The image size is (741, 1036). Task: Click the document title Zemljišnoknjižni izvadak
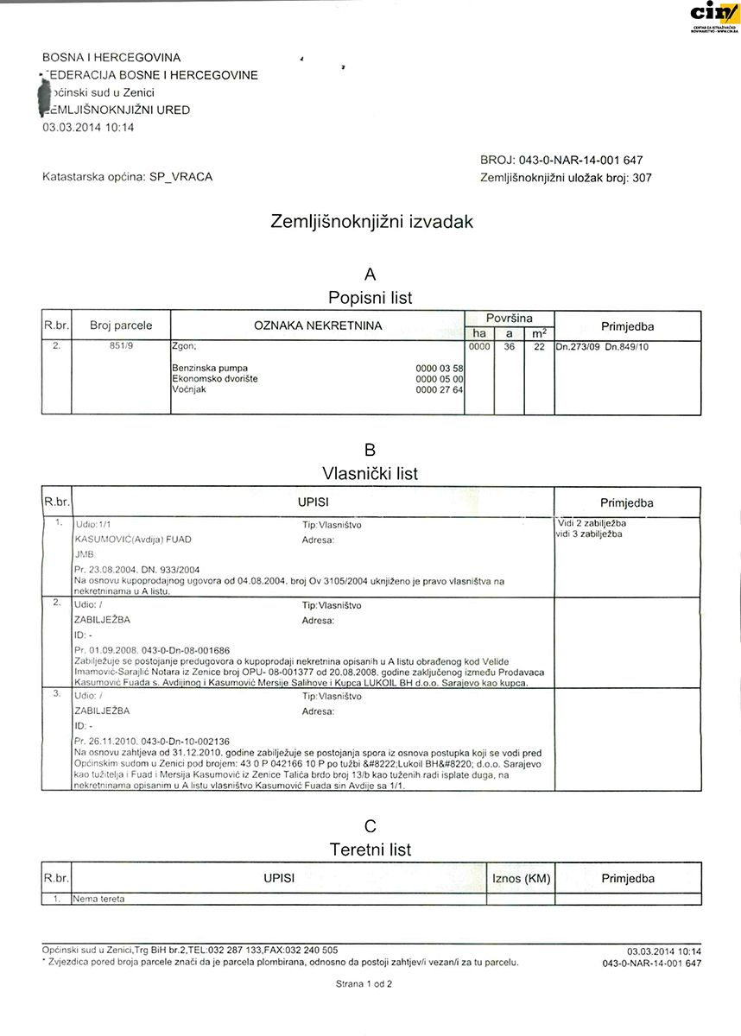tap(372, 221)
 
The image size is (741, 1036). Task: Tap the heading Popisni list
tap(370, 297)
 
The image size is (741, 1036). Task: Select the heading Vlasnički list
tap(370, 473)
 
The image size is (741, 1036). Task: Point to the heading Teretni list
tap(370, 850)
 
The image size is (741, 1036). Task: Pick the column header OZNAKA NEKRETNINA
tap(317, 325)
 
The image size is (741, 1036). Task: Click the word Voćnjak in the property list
tap(190, 389)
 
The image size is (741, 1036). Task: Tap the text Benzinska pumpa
tap(204, 368)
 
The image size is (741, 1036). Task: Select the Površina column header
tap(509, 318)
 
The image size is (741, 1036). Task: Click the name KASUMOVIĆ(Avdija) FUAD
tap(133, 540)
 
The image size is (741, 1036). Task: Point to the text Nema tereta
tap(100, 898)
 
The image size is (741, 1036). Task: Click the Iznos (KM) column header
tap(520, 878)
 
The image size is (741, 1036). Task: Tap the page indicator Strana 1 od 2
tap(364, 983)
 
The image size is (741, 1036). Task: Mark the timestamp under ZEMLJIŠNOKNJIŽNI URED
tap(88, 127)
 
